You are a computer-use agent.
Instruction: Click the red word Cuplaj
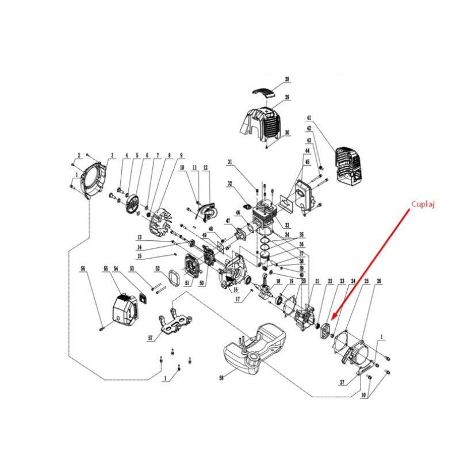423,204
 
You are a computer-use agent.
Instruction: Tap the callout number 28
287,80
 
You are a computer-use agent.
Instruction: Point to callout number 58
221,378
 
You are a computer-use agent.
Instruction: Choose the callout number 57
151,338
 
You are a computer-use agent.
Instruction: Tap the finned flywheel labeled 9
160,221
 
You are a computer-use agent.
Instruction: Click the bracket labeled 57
172,324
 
